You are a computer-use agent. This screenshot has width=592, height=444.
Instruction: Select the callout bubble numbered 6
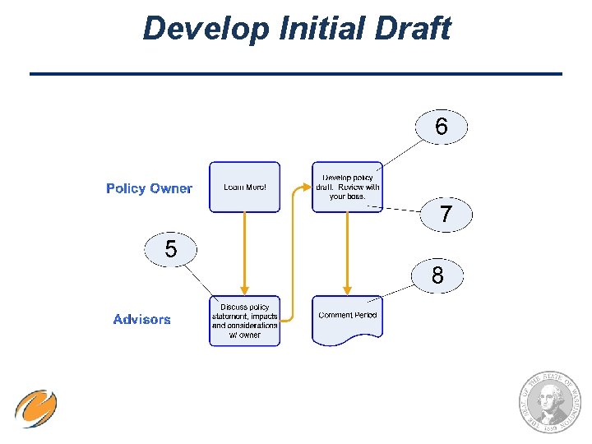click(x=442, y=127)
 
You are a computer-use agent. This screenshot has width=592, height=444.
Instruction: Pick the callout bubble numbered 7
click(x=445, y=215)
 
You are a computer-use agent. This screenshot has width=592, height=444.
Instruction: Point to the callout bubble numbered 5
click(x=170, y=248)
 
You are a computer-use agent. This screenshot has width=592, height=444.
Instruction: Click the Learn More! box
click(x=244, y=187)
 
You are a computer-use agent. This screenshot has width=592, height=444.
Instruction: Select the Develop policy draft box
click(x=347, y=187)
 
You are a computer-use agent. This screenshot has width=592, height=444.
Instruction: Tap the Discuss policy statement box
click(x=244, y=321)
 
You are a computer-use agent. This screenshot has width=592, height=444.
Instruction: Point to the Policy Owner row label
click(x=149, y=188)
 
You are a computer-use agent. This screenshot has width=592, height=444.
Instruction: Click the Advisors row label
click(x=142, y=320)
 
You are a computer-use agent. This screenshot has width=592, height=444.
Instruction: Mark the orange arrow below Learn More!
click(x=244, y=251)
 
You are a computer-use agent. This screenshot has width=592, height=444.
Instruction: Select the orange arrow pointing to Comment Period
click(x=348, y=251)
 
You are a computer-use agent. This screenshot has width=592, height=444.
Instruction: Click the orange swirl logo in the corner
click(x=35, y=409)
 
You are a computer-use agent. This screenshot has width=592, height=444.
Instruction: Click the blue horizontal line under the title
click(x=296, y=75)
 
